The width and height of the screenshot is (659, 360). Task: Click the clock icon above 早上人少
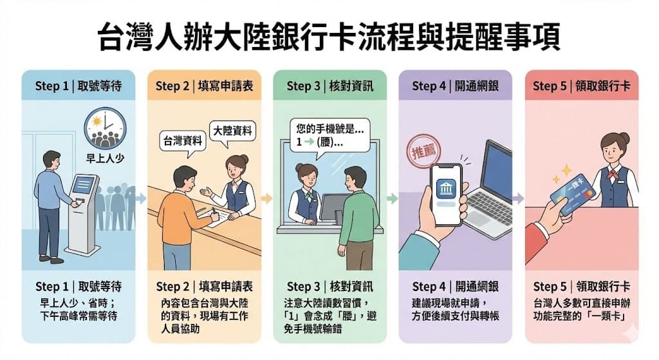[x=105, y=128]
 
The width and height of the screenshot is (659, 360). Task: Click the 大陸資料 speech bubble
[x=232, y=132]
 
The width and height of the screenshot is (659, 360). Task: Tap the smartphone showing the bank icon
[x=446, y=194]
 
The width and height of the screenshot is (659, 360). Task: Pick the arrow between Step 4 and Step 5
[x=518, y=198]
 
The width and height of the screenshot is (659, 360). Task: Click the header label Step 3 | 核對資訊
[x=330, y=86]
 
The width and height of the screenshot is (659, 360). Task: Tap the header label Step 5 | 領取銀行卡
[x=582, y=86]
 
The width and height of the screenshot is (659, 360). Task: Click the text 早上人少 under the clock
[x=105, y=158]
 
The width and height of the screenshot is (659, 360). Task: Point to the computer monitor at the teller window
[x=334, y=207]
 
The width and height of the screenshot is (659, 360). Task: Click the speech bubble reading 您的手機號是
[x=329, y=135]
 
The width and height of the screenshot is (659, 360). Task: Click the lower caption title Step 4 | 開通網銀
[x=455, y=287]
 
